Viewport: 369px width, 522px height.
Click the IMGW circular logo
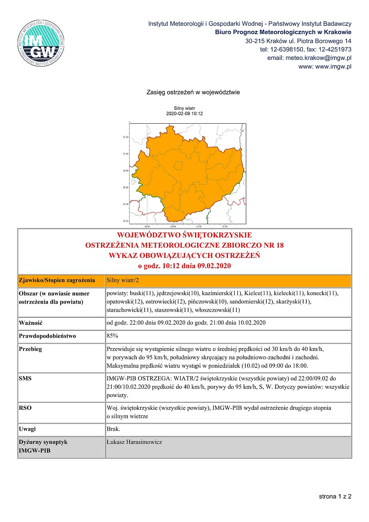tap(41, 43)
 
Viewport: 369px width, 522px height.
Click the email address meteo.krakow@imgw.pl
tap(318, 58)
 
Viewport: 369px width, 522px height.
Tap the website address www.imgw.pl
tap(333, 66)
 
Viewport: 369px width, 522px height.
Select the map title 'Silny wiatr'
tap(184, 108)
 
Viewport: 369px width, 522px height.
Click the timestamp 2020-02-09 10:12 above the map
tap(184, 114)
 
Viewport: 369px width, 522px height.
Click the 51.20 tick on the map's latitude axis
tap(125, 137)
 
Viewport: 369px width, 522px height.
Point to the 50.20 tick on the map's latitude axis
tap(125, 221)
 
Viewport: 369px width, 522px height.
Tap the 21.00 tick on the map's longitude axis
tap(199, 226)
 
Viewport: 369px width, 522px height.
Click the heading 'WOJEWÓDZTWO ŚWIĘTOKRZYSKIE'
tap(184, 235)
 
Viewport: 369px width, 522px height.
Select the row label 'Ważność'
tap(31, 323)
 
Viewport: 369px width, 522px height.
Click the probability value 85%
tap(112, 336)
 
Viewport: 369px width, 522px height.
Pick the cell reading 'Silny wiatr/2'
tap(123, 280)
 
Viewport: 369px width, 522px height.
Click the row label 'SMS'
tap(25, 378)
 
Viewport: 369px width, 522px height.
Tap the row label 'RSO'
tap(25, 408)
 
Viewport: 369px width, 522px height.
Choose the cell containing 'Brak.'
tap(113, 429)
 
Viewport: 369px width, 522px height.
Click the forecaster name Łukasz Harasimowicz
tap(134, 442)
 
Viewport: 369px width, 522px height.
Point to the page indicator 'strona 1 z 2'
tap(335, 496)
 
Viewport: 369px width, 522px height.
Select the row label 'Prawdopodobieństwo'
tap(48, 336)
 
